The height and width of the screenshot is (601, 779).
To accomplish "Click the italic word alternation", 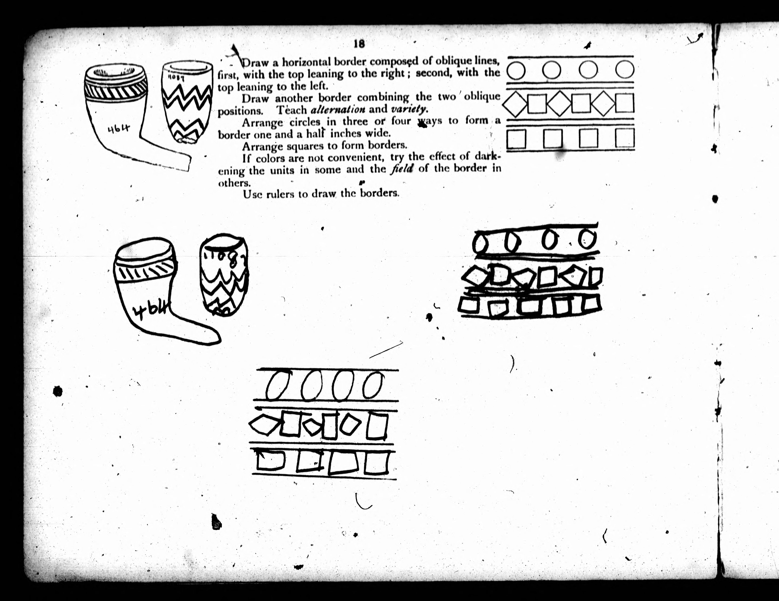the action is [338, 109].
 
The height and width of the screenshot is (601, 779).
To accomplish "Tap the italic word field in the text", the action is [402, 168].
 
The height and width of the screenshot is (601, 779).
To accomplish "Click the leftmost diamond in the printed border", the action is [515, 104].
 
